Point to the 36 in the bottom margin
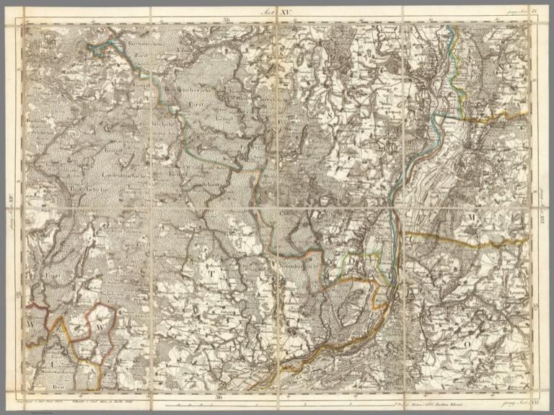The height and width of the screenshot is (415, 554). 219,397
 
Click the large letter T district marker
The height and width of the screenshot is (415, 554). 211,273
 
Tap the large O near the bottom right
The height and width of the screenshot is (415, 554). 467,345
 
